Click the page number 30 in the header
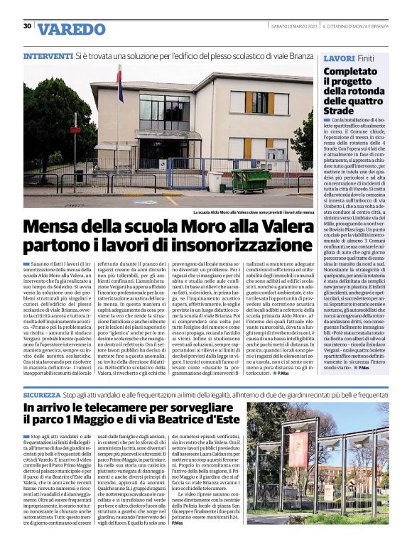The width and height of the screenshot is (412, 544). (27, 26)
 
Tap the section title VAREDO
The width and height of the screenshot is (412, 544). (71, 30)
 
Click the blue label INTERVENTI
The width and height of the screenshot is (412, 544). (48, 55)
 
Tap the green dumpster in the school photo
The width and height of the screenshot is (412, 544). (250, 180)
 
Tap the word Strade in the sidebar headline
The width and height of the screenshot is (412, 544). (338, 111)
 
